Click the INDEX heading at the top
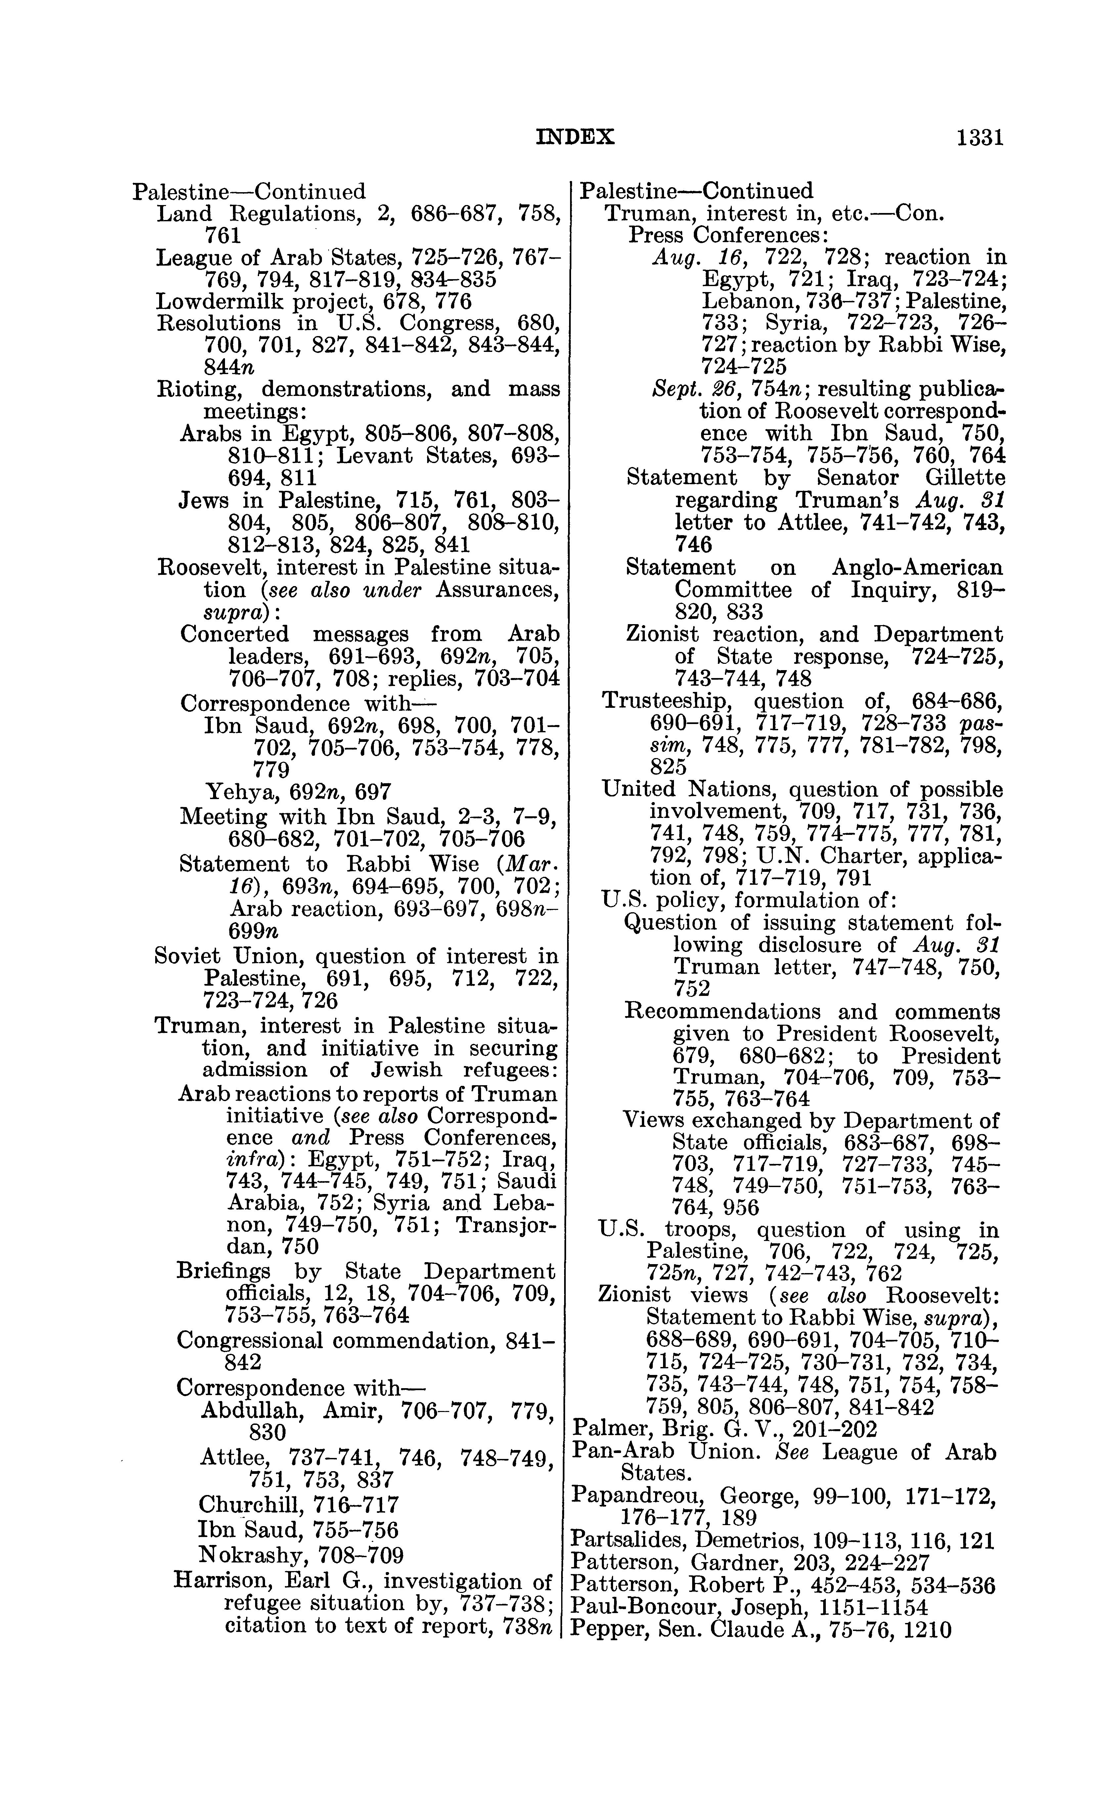[x=575, y=138]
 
